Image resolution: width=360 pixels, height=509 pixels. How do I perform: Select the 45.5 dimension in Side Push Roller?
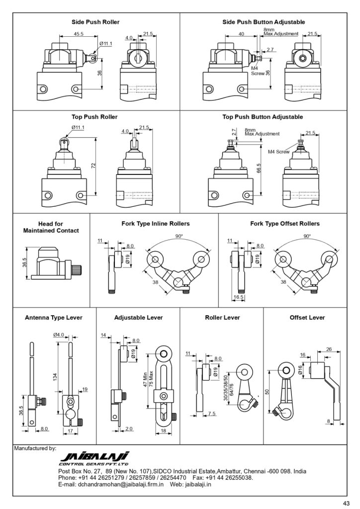(x=79, y=34)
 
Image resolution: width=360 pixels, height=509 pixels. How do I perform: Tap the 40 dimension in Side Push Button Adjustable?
(x=241, y=34)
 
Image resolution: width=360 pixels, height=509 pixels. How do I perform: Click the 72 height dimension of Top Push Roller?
(x=93, y=165)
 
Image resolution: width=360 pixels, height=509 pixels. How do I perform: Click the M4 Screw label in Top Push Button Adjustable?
(x=278, y=152)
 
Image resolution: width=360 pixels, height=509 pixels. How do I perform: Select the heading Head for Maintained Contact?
(x=51, y=227)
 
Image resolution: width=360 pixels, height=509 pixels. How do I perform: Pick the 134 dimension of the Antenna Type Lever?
(x=55, y=378)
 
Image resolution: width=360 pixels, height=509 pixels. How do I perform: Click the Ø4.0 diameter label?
(x=59, y=335)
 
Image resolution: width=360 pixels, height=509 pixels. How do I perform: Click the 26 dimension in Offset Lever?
(x=328, y=349)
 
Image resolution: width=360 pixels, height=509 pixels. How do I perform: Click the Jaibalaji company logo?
(x=94, y=458)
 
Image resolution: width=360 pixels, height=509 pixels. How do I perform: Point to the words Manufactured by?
(x=35, y=448)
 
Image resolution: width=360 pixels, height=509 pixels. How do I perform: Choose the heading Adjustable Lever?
(x=138, y=317)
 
